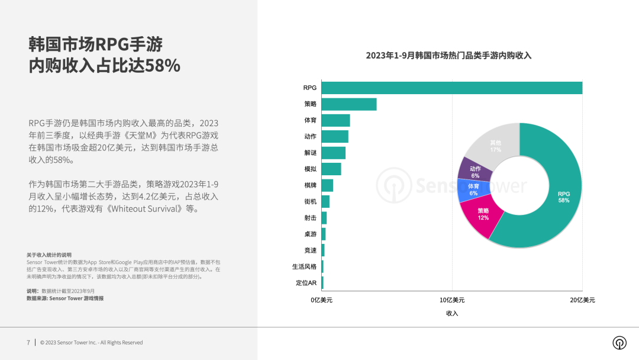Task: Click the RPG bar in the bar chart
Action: pyautogui.click(x=452, y=88)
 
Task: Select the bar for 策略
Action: pyautogui.click(x=349, y=104)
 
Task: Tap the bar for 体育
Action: pyautogui.click(x=335, y=120)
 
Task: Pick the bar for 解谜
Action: pyautogui.click(x=333, y=153)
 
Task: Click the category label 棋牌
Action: pyautogui.click(x=310, y=185)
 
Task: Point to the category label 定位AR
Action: pyautogui.click(x=306, y=282)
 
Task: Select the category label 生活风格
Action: pyautogui.click(x=304, y=266)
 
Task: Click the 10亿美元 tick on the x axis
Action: pyautogui.click(x=452, y=300)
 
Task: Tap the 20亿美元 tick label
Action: pyautogui.click(x=582, y=300)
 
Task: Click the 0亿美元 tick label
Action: pyautogui.click(x=322, y=300)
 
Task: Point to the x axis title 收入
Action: pyautogui.click(x=452, y=313)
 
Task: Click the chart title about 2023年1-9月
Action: pyautogui.click(x=448, y=56)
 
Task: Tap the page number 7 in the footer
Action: pyautogui.click(x=28, y=342)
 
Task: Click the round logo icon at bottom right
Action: pyautogui.click(x=619, y=343)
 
